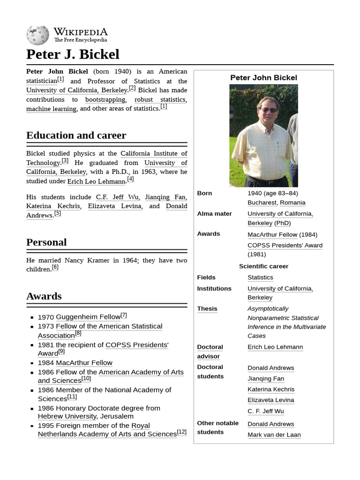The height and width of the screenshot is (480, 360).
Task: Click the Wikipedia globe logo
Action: [x=37, y=35]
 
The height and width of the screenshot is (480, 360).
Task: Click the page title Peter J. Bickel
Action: [x=73, y=54]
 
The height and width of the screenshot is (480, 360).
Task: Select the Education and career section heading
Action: [x=76, y=135]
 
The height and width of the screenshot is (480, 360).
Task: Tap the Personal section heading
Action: [x=46, y=242]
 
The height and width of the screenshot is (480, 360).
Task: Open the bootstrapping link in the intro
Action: [x=105, y=99]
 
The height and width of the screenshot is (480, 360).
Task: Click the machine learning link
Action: [x=51, y=109]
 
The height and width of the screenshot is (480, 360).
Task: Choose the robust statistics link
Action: [x=160, y=99]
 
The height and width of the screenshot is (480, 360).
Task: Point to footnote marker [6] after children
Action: [x=55, y=267]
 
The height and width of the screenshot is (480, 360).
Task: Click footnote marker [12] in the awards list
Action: [x=181, y=432]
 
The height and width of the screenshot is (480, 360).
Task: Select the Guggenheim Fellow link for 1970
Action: [x=88, y=317]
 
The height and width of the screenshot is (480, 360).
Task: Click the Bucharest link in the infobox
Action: [x=262, y=202]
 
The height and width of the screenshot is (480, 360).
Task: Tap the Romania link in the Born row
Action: [x=292, y=202]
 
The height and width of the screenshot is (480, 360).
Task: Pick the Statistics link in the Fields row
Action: [x=260, y=277]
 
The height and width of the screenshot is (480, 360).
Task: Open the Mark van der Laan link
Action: [x=274, y=435]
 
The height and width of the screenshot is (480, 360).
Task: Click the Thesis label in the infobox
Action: [x=207, y=309]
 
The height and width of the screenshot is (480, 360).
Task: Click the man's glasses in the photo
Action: [x=269, y=110]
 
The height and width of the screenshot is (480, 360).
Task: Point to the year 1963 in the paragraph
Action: [x=149, y=172]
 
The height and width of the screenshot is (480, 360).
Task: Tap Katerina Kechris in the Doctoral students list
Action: [x=271, y=390]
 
